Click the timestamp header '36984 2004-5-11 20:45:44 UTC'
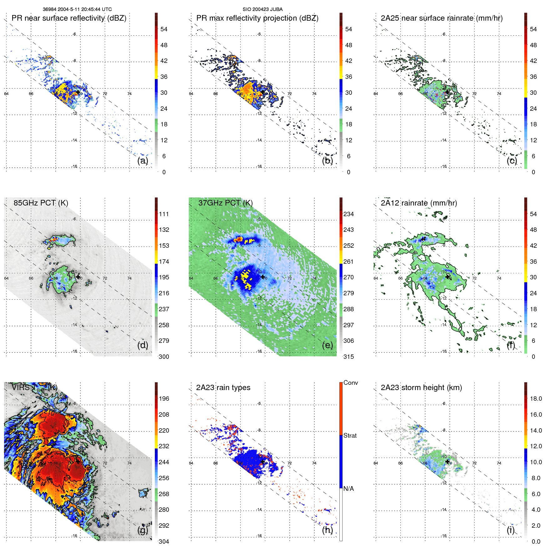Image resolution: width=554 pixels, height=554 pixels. click(77, 9)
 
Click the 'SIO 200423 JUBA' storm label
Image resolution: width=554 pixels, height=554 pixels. click(262, 9)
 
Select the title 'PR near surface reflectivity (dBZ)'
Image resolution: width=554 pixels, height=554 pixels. click(69, 18)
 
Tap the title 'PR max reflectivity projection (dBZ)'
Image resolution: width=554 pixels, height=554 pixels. click(257, 18)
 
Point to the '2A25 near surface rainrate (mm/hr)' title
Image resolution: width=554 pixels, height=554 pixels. click(442, 18)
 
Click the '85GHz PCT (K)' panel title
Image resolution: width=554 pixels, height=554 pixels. click(41, 203)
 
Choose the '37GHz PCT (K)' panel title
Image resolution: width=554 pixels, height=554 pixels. click(225, 203)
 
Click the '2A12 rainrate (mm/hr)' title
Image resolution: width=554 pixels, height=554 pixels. click(419, 203)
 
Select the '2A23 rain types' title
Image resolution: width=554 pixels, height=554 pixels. click(223, 388)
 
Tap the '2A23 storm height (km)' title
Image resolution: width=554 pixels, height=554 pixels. click(421, 388)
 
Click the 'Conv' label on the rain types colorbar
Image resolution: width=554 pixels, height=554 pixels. click(351, 383)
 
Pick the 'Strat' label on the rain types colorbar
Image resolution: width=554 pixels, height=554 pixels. click(350, 435)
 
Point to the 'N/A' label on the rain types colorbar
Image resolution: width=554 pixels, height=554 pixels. click(348, 489)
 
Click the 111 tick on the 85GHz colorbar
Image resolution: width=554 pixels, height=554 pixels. click(164, 214)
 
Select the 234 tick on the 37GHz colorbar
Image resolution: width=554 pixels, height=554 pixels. click(348, 214)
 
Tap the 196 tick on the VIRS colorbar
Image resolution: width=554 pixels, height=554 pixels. click(164, 399)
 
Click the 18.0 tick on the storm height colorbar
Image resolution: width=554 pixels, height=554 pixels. click(536, 399)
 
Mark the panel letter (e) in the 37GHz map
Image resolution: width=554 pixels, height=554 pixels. click(328, 345)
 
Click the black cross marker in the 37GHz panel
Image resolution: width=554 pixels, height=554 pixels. click(263, 277)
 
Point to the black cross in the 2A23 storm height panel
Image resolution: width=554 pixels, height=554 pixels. click(448, 461)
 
